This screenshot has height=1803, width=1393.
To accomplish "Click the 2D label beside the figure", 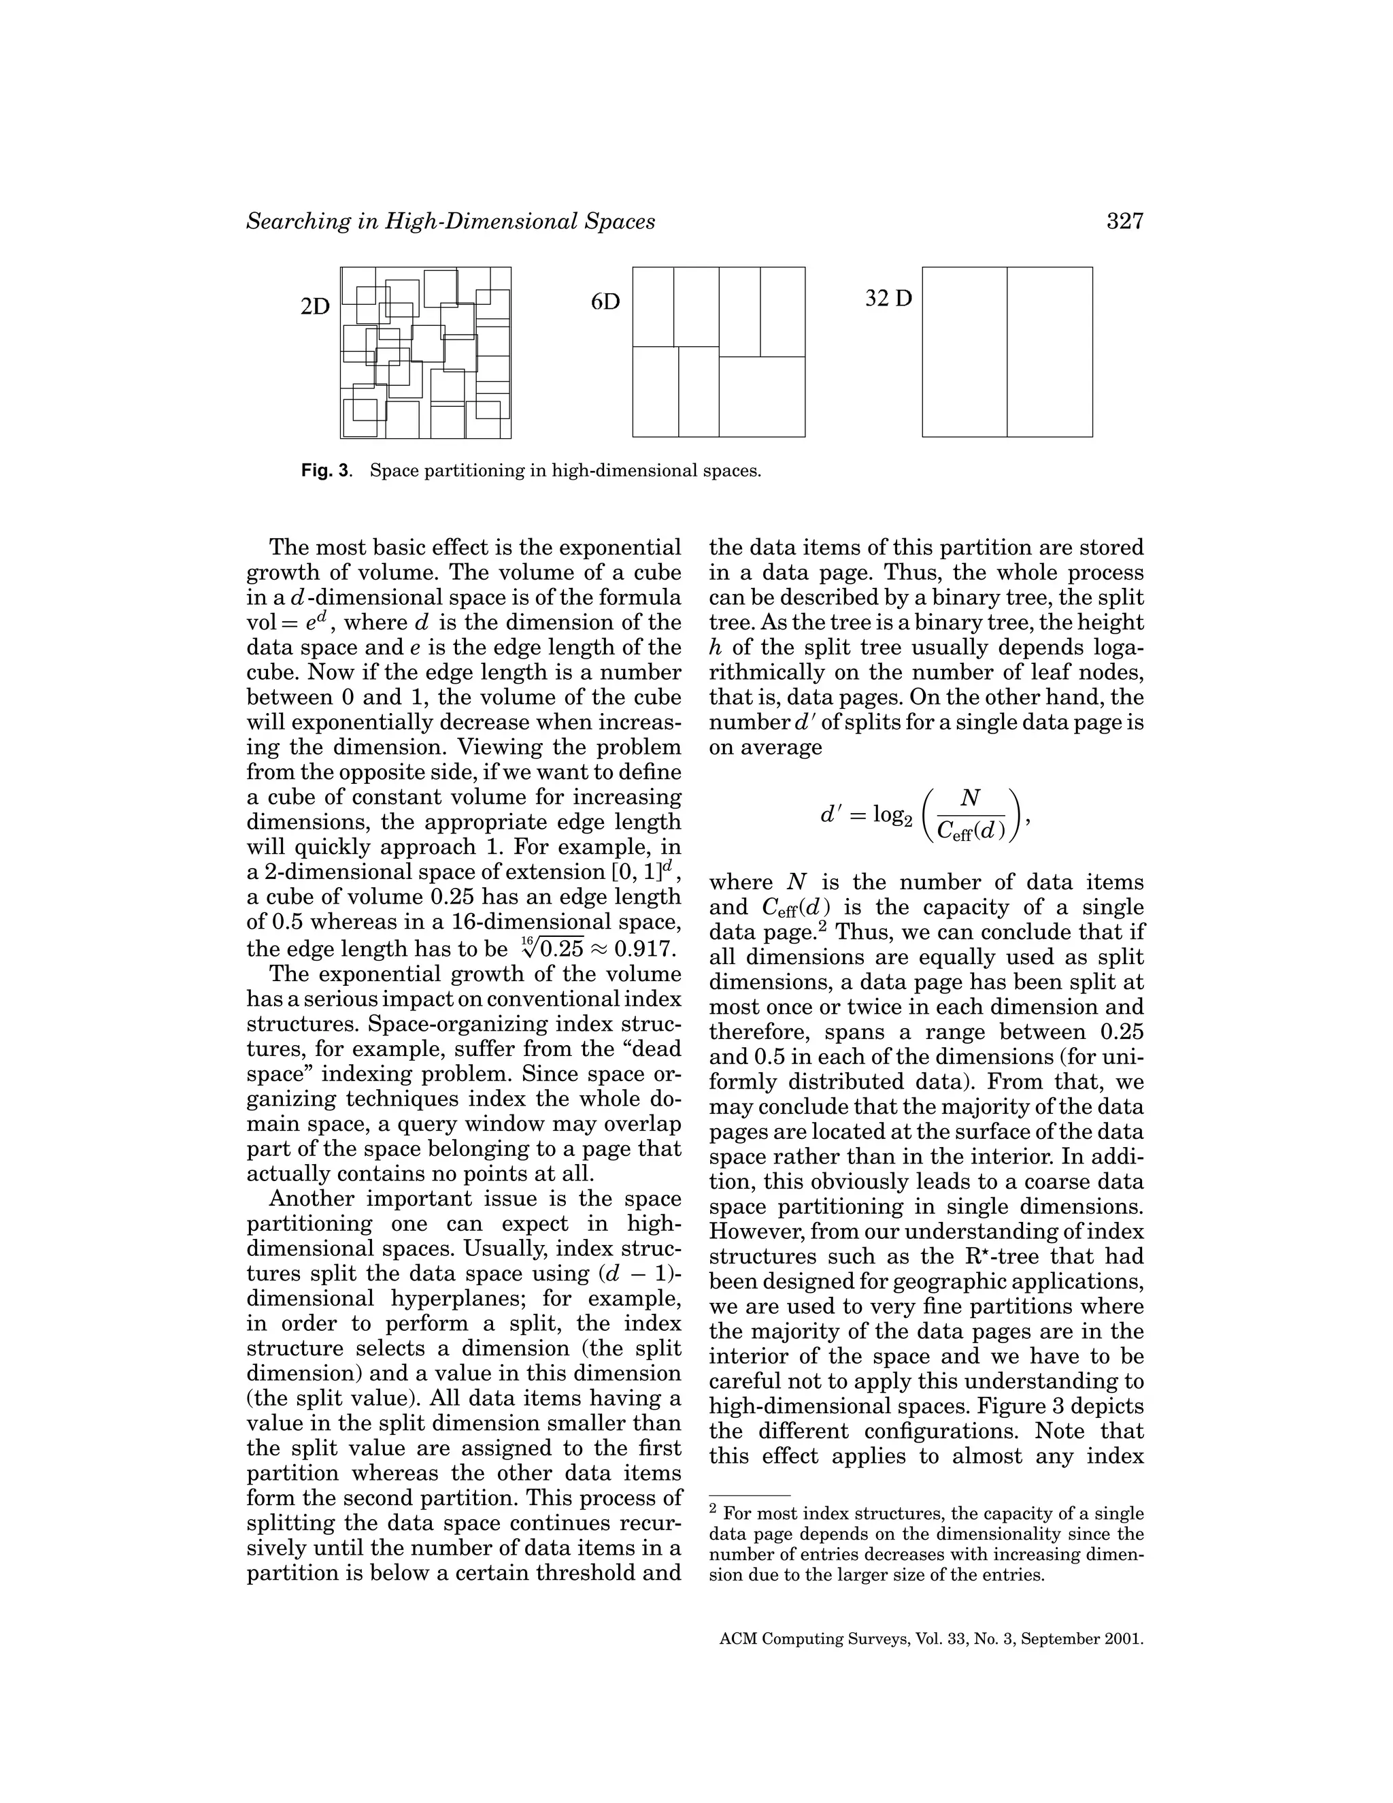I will pos(315,307).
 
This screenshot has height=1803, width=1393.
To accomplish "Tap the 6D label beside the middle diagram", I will pos(605,302).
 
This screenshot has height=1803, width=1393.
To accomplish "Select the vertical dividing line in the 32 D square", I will pos(1007,352).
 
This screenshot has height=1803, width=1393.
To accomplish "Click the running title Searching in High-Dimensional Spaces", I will pos(450,221).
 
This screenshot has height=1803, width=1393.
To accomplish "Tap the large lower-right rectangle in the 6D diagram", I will pos(762,396).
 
